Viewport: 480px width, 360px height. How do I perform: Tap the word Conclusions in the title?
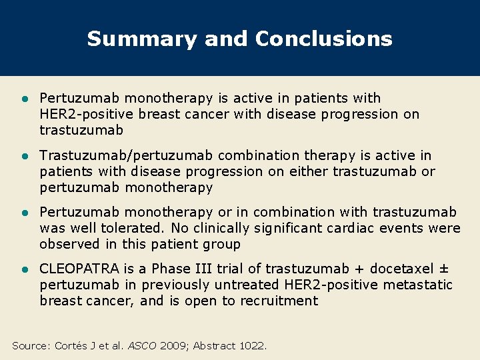coord(323,39)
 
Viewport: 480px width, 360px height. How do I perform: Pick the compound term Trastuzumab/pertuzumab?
coord(125,155)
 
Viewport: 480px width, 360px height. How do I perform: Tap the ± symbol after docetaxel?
coord(444,269)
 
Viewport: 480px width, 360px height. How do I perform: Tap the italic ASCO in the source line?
coord(141,345)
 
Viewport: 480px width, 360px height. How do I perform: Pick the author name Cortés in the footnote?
coord(71,345)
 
